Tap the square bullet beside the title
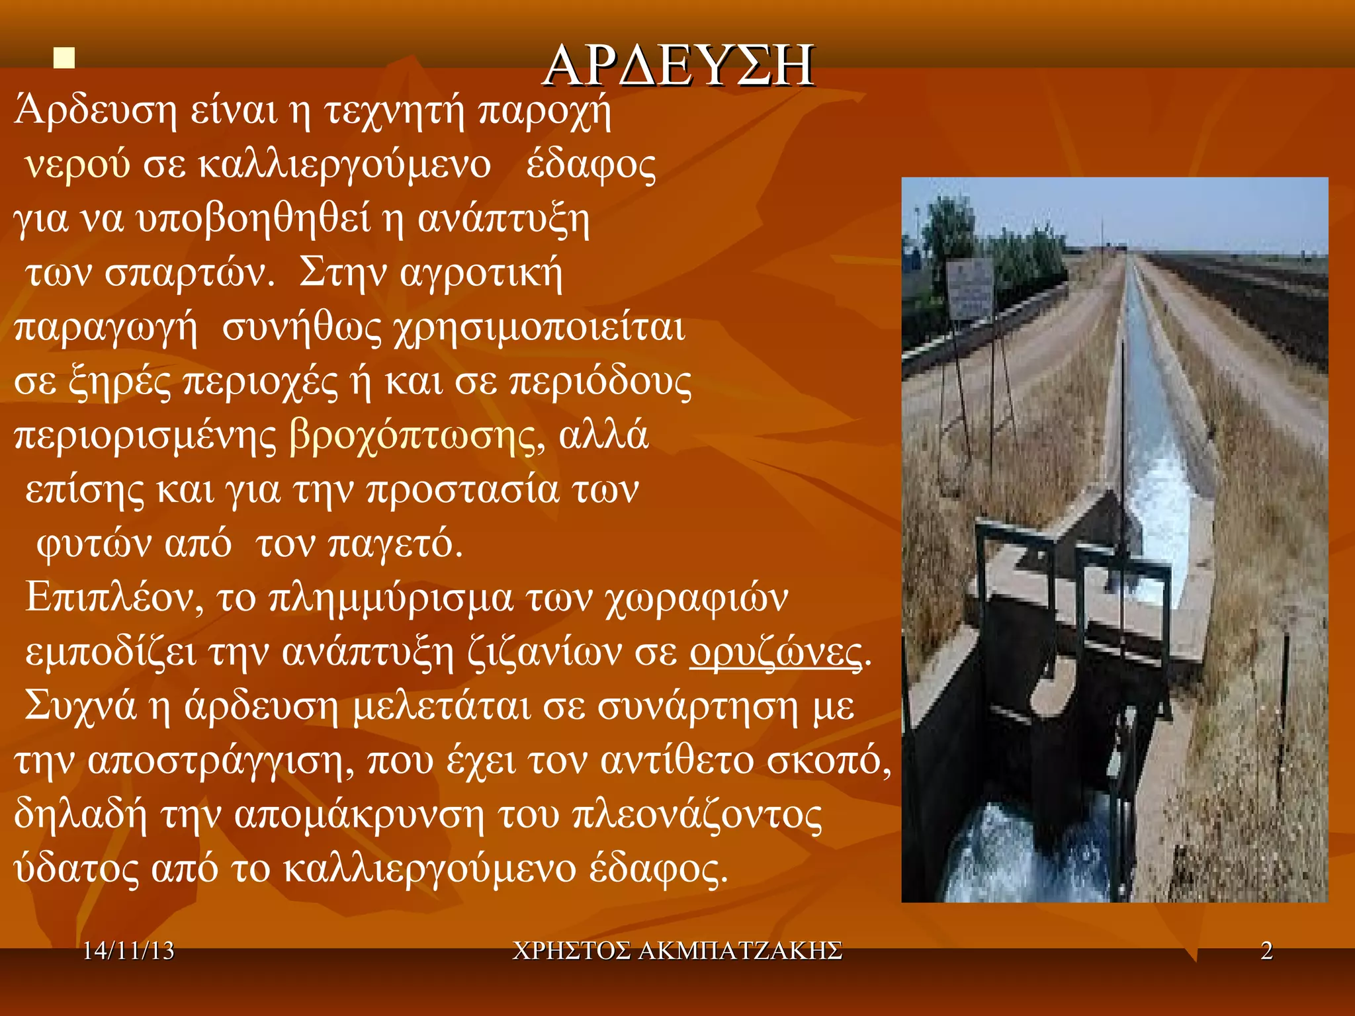coord(64,58)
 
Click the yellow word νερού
coord(77,165)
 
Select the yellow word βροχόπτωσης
coord(412,436)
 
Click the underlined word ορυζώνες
coord(776,653)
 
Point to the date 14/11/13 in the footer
coord(128,951)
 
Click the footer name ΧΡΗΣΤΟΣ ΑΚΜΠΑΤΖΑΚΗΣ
coord(677,951)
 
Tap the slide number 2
coord(1266,951)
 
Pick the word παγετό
coord(395,544)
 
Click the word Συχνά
coord(80,707)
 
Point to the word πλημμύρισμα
coord(390,599)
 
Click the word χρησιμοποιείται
coord(539,328)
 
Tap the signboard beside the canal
coord(970,287)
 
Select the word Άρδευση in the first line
coord(96,110)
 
